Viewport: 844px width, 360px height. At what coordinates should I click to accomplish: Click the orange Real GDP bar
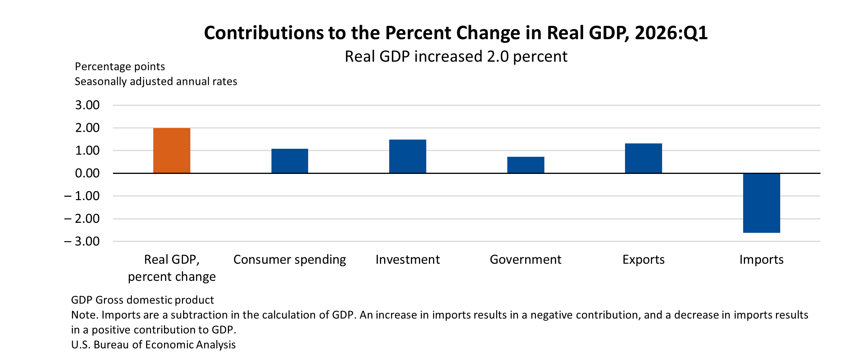172,151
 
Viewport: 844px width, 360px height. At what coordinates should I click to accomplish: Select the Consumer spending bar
289,161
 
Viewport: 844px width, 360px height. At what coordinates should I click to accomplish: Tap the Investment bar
407,156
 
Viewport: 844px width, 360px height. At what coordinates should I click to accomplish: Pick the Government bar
526,165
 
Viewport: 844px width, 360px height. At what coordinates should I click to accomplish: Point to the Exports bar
643,158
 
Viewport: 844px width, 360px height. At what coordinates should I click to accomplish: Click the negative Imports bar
761,203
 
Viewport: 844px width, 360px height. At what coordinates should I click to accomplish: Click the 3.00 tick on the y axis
87,105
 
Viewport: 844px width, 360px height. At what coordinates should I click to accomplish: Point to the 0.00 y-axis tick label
87,173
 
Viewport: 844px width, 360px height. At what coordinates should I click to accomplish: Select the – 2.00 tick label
82,219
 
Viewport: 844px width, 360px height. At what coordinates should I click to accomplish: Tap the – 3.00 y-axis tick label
82,241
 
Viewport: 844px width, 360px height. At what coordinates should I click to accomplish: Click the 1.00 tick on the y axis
87,151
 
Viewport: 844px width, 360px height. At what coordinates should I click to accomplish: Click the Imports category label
761,259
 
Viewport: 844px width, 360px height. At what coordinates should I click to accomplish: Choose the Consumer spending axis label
289,259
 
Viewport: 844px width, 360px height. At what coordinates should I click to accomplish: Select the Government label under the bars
526,259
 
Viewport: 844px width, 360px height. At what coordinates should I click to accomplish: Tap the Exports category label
643,259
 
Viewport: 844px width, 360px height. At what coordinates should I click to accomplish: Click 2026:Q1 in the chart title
671,33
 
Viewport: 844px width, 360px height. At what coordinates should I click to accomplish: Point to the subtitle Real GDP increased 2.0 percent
456,57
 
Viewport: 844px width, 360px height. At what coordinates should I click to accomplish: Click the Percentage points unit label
120,66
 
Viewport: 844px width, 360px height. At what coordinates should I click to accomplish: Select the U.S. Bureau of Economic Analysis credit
153,345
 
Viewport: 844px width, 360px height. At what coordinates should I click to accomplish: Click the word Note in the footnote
84,315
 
